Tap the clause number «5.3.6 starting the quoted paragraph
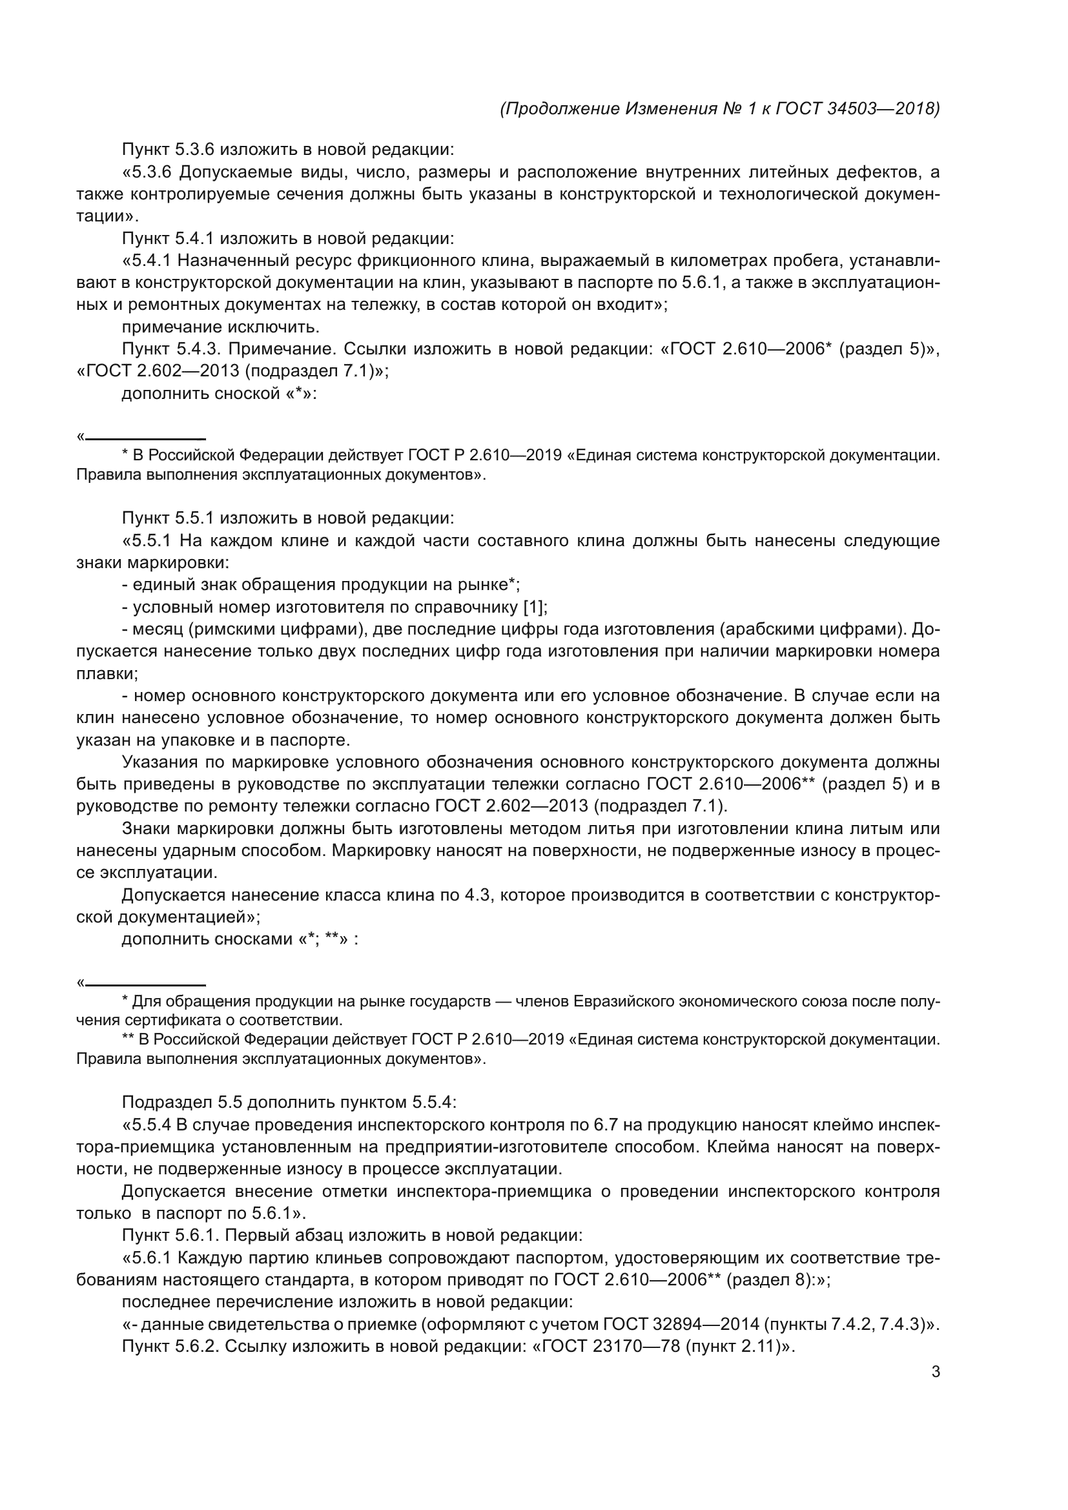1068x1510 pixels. coord(147,172)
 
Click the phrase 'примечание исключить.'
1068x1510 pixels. coord(220,327)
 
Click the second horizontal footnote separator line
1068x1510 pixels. coord(145,985)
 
